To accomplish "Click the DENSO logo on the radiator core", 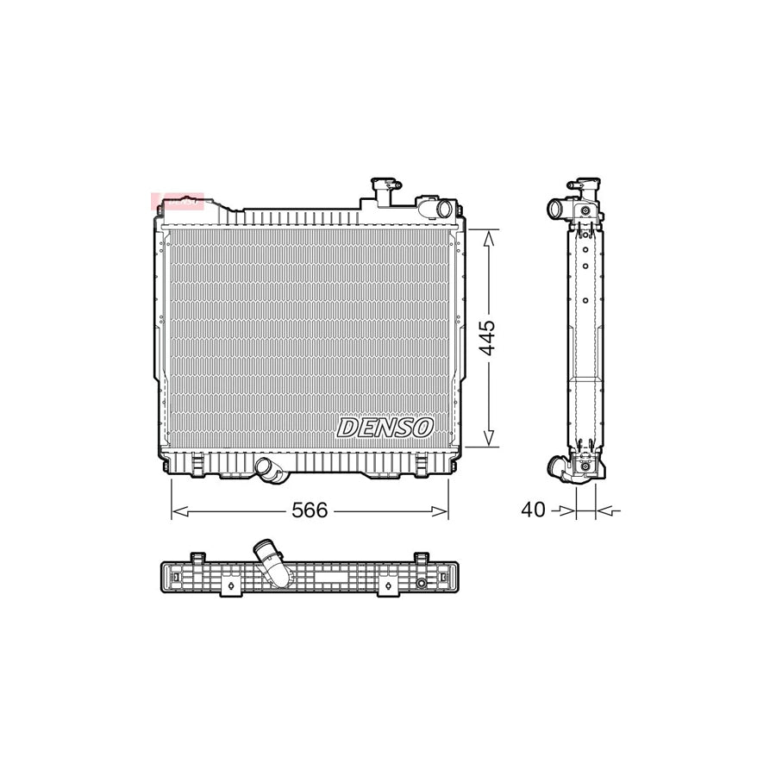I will pos(385,427).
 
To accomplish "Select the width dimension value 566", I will pos(310,510).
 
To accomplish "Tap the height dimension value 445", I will pos(487,338).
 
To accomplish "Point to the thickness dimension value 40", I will pos(533,510).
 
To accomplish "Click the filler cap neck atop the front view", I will pos(382,190).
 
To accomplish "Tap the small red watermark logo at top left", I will pos(177,202).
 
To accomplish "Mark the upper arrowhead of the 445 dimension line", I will pos(488,236).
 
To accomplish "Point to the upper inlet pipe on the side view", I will pos(556,209).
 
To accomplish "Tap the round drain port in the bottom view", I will pos(421,584).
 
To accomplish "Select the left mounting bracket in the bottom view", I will pos(230,586).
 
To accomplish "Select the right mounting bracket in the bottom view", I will pos(389,586).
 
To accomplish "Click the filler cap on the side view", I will pos(584,185).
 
